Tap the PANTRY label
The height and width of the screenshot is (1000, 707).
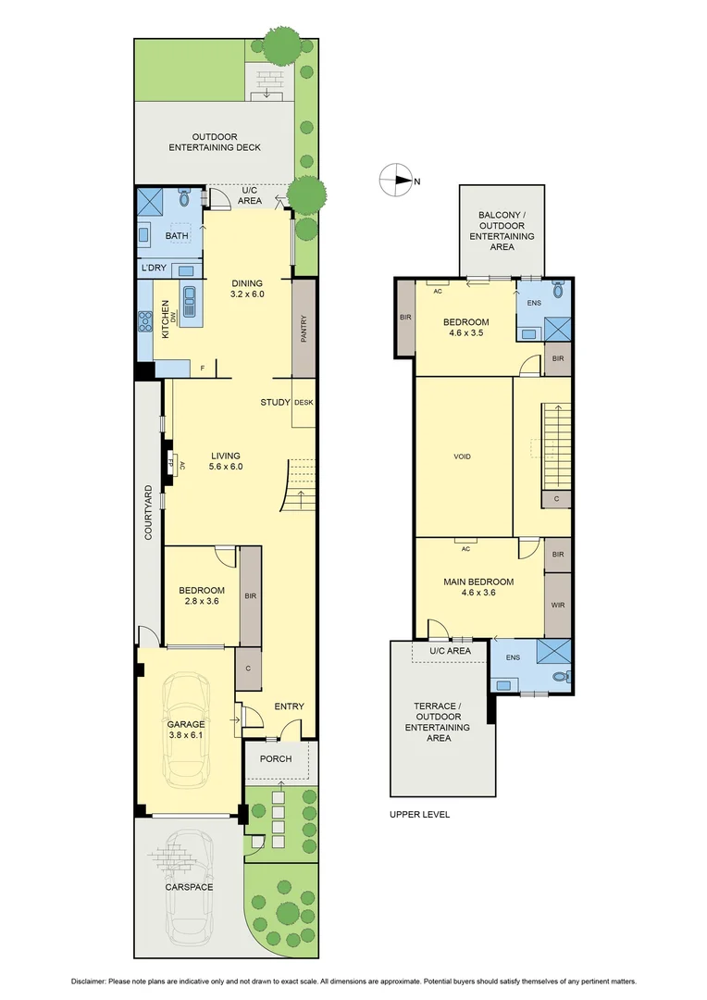click(x=304, y=330)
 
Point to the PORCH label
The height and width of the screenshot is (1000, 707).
click(x=275, y=759)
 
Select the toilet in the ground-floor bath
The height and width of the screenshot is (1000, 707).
click(x=183, y=198)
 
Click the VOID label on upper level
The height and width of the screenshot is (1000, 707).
click(x=463, y=456)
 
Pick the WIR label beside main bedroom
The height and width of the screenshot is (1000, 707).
click(x=557, y=606)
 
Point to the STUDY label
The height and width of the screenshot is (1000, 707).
click(x=275, y=403)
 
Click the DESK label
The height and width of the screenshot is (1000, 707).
click(x=304, y=403)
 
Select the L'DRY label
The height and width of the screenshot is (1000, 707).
click(x=153, y=269)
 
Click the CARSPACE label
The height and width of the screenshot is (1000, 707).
click(x=189, y=887)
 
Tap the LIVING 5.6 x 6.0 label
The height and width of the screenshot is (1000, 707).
click(x=226, y=461)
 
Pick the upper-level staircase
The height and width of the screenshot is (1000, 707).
click(x=557, y=444)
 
